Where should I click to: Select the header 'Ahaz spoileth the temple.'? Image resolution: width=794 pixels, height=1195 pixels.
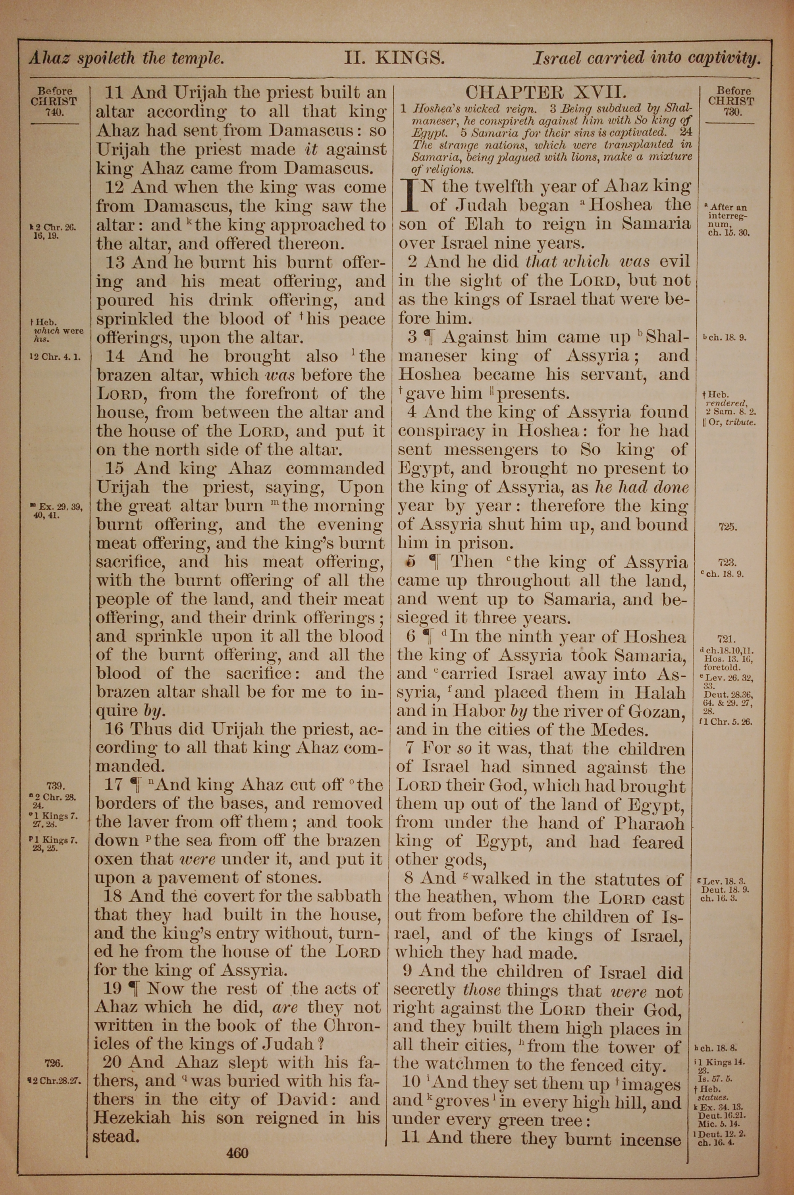pyautogui.click(x=126, y=59)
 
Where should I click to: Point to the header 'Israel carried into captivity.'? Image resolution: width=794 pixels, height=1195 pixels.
pyautogui.click(x=647, y=58)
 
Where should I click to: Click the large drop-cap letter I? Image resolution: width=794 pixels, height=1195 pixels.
pyautogui.click(x=410, y=195)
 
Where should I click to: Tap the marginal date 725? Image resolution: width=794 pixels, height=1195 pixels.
pyautogui.click(x=727, y=527)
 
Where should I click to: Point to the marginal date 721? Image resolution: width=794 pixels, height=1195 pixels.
pyautogui.click(x=727, y=639)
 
